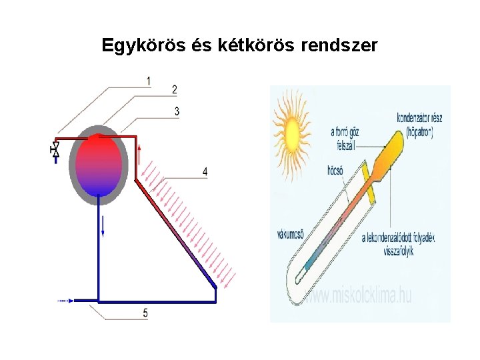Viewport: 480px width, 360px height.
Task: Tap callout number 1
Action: click(148, 81)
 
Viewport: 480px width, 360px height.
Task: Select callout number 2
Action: click(174, 89)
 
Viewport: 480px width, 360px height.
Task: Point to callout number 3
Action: click(177, 111)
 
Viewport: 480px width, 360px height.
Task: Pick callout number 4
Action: click(205, 172)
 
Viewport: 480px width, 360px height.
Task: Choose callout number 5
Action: click(145, 313)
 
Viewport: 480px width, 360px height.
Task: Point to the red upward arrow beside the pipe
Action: click(139, 157)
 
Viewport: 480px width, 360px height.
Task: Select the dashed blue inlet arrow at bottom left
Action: click(65, 301)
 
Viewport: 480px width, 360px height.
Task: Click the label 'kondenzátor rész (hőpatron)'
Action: click(419, 125)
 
